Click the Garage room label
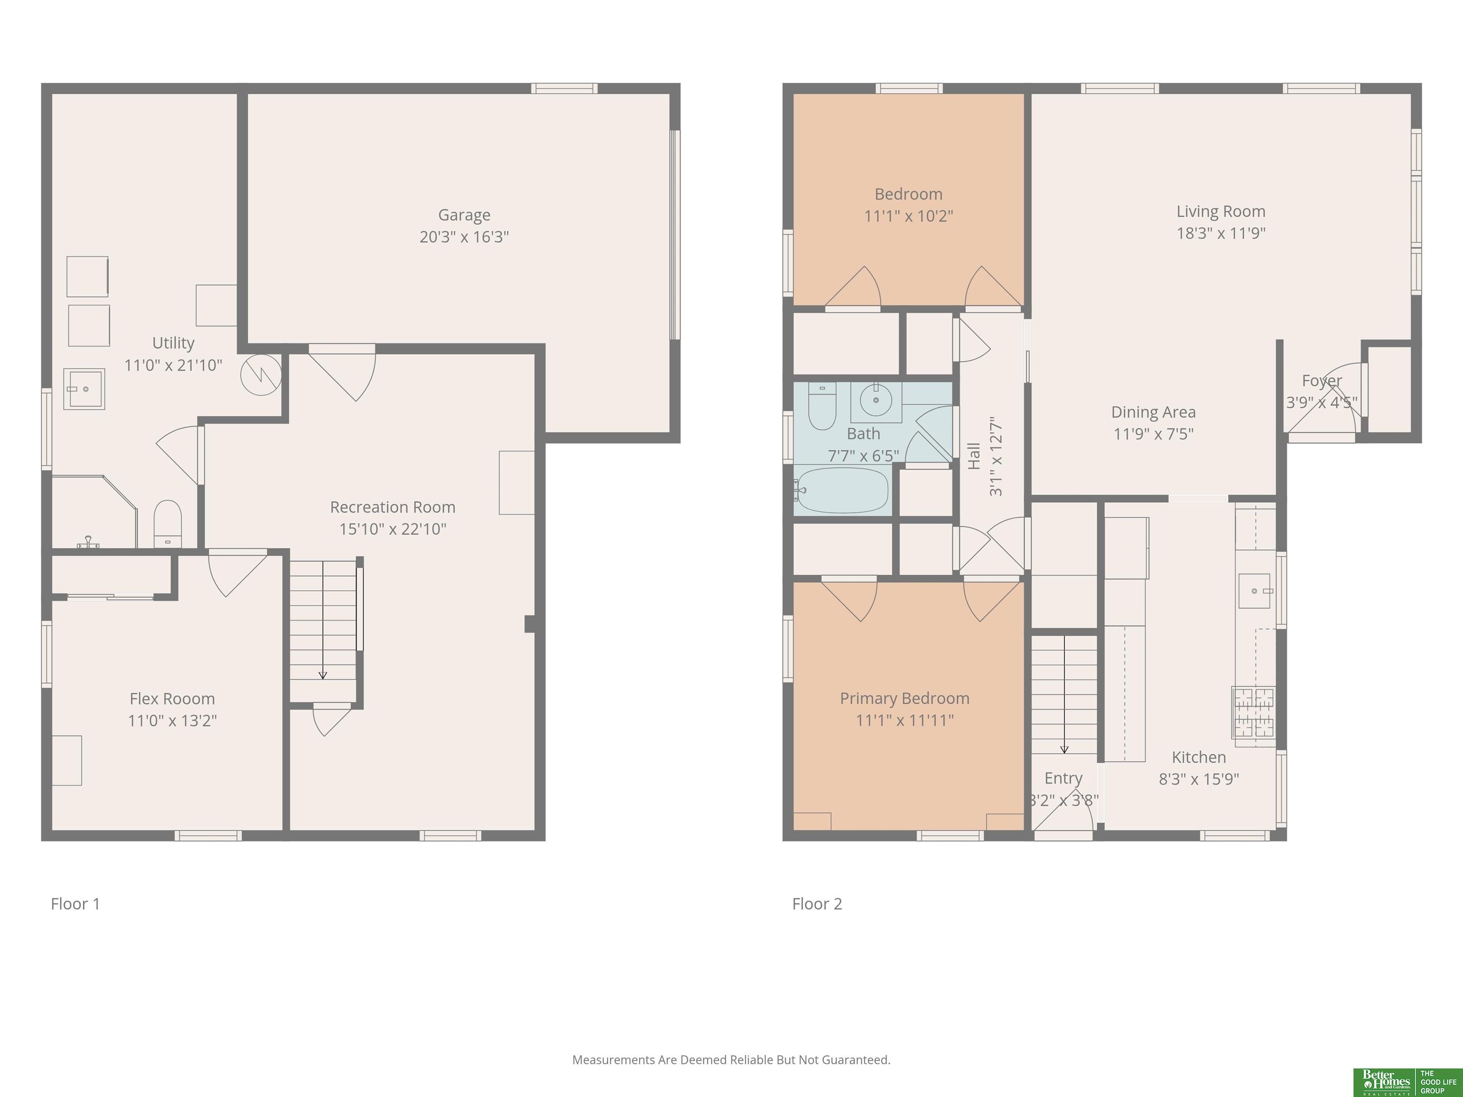click(464, 215)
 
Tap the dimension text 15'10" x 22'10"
click(393, 529)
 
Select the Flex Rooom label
click(172, 699)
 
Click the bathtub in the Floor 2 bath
click(842, 490)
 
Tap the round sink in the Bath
click(876, 400)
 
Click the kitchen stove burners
click(1253, 712)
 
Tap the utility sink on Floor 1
click(84, 389)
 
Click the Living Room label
click(1221, 211)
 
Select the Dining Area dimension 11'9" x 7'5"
click(1153, 434)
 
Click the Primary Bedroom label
click(905, 698)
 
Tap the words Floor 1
click(75, 904)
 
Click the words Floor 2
click(818, 904)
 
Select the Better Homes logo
click(1407, 1082)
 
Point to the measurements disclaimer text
click(731, 1060)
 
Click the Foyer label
click(1322, 381)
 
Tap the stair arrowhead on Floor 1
click(323, 675)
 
